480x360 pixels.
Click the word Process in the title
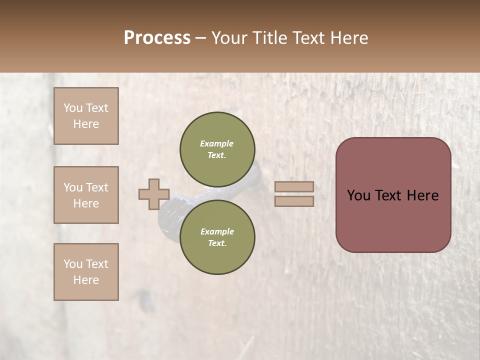point(157,38)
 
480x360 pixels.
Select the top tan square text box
point(86,116)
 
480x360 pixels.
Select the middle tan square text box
point(86,195)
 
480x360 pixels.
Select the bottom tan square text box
point(86,272)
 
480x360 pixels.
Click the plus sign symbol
point(154,194)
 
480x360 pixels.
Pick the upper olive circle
point(217,149)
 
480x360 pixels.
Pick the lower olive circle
point(217,237)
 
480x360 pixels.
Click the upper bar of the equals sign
point(294,186)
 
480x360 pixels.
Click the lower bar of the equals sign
point(294,201)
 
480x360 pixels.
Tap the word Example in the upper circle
point(217,144)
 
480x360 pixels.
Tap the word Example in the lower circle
point(217,232)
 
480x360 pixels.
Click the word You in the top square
point(72,108)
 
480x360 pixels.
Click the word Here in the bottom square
point(86,280)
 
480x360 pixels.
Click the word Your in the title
point(232,38)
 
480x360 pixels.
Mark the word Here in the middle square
point(86,203)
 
